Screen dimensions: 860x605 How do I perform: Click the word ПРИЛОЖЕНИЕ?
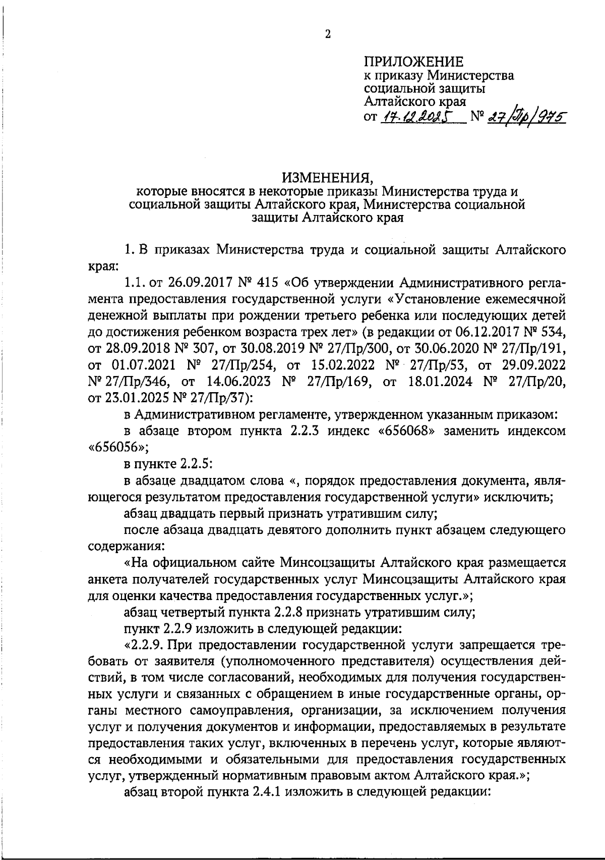tap(413, 62)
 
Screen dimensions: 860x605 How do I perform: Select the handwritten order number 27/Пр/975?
tap(524, 117)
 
